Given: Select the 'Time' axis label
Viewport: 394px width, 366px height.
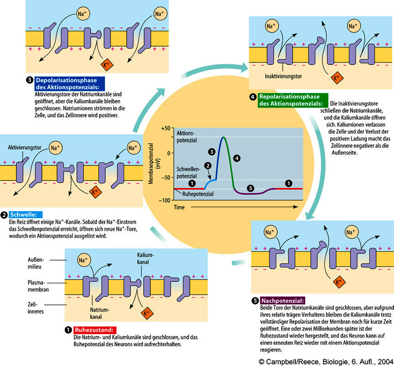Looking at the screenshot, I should (x=179, y=207).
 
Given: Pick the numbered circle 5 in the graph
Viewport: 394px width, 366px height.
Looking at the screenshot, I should (x=249, y=187).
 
